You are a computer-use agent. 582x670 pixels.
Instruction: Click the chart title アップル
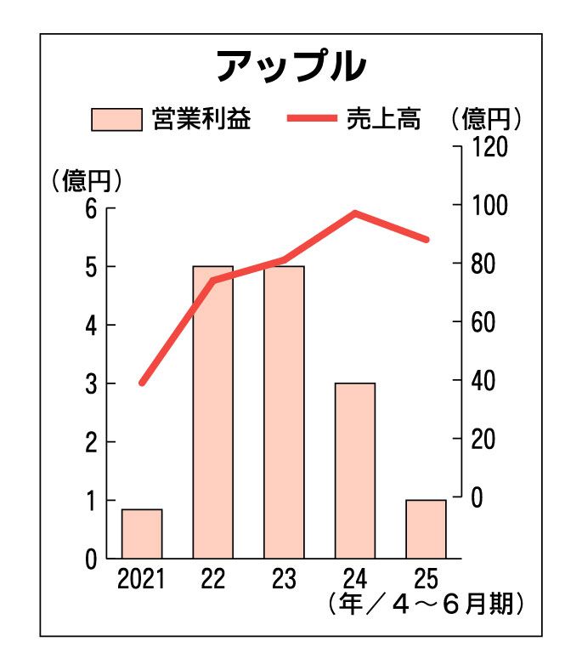290,66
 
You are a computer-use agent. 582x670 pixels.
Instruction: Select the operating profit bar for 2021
142,533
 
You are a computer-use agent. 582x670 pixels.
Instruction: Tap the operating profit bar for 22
212,412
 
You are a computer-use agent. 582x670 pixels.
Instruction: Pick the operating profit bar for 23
284,412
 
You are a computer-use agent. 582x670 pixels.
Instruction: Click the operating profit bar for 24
355,470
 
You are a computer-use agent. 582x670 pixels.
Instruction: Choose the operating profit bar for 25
426,528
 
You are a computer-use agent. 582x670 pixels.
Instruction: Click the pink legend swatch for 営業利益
116,119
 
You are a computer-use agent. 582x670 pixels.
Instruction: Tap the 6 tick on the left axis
90,208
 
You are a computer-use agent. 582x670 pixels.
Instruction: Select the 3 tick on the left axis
90,383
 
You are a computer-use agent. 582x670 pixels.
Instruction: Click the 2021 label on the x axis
142,580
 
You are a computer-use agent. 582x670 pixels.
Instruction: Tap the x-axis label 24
355,580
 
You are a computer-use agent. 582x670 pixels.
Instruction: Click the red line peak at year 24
355,213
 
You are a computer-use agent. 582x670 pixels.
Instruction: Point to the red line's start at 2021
142,383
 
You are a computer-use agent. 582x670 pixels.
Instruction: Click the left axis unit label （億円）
87,180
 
